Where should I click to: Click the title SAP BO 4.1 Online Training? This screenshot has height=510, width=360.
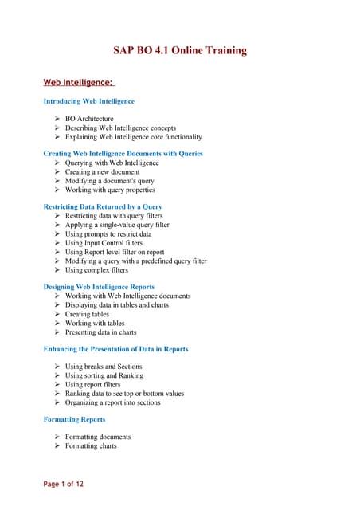pyautogui.click(x=180, y=51)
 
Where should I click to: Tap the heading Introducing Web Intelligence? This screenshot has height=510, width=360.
pyautogui.click(x=88, y=101)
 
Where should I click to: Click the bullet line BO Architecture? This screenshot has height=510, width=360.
pyautogui.click(x=89, y=119)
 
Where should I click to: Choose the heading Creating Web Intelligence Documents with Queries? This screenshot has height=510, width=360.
pyautogui.click(x=123, y=153)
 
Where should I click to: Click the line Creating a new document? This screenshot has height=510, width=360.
pyautogui.click(x=102, y=172)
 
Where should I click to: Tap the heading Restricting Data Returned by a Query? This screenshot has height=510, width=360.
pyautogui.click(x=103, y=206)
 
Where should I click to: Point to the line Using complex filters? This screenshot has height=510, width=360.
pyautogui.click(x=96, y=270)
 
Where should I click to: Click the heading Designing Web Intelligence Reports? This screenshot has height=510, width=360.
pyautogui.click(x=99, y=287)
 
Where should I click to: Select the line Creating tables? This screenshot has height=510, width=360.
pyautogui.click(x=89, y=314)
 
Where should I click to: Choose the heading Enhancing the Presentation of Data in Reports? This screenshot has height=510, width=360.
pyautogui.click(x=115, y=349)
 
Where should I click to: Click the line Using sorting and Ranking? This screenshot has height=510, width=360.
pyautogui.click(x=104, y=375)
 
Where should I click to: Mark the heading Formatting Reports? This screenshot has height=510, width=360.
pyautogui.click(x=74, y=419)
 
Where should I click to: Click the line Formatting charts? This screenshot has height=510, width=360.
pyautogui.click(x=91, y=446)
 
